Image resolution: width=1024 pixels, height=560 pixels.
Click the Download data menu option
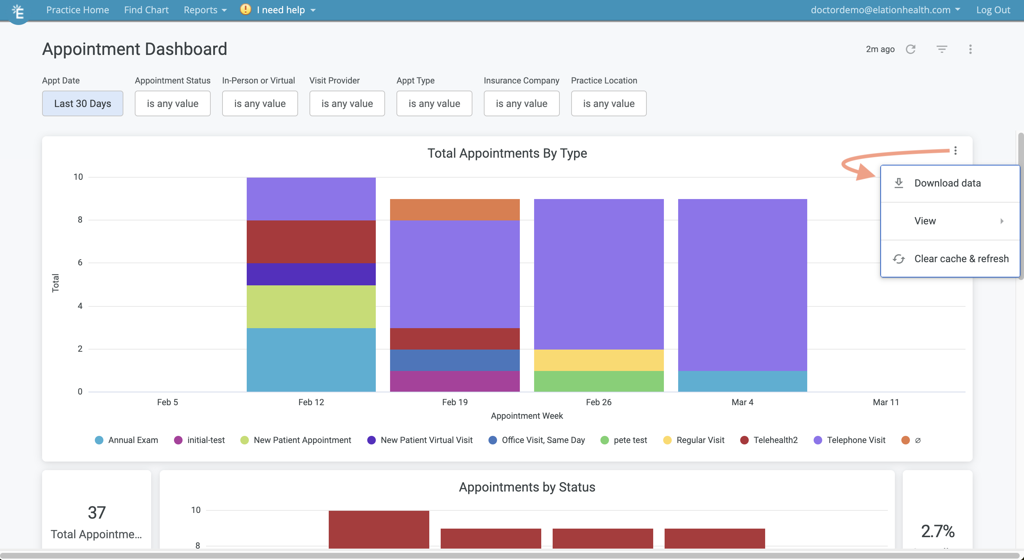[947, 183]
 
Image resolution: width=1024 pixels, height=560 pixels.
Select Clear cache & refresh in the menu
[961, 259]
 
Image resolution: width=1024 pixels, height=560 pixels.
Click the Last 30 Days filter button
[82, 103]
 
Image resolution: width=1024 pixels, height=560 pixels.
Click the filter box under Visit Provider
[347, 103]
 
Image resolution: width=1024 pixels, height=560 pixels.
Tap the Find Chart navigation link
[146, 10]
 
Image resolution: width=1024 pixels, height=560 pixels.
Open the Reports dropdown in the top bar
[204, 10]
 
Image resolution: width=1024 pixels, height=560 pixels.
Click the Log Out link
[993, 10]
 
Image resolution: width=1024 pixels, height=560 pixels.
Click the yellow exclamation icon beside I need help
[245, 9]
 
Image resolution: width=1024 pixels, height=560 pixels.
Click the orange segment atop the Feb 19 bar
[454, 209]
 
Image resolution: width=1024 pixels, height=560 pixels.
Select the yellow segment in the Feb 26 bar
[598, 360]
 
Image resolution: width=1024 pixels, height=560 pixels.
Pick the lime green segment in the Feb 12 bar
[311, 306]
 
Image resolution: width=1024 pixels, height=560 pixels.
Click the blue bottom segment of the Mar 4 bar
[742, 381]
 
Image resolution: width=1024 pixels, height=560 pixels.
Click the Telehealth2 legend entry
[775, 440]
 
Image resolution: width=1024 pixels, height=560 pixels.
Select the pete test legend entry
[630, 440]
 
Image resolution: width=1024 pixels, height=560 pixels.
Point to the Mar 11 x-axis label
[885, 402]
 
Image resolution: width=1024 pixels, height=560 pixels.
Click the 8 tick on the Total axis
[80, 220]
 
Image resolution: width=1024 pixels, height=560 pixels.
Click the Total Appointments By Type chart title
[507, 153]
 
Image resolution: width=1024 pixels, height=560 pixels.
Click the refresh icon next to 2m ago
[910, 49]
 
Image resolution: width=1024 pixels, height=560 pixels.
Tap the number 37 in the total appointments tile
[97, 512]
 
